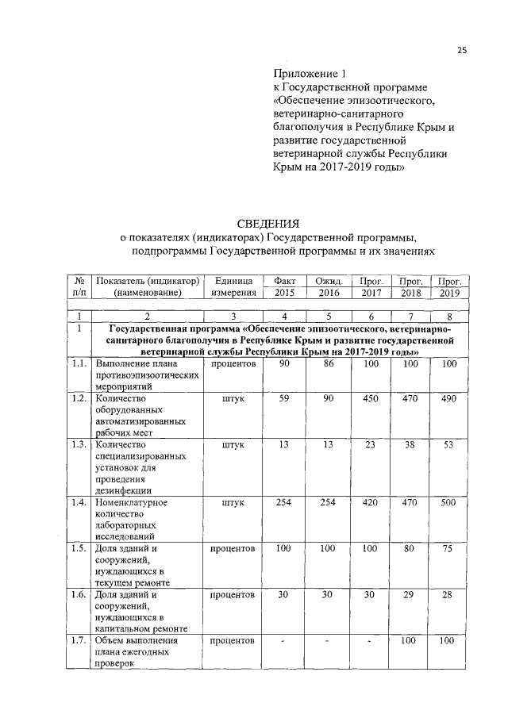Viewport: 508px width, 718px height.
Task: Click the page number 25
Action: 461,52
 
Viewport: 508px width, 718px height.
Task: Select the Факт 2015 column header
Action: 283,286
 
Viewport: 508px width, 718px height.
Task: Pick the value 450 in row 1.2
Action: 368,398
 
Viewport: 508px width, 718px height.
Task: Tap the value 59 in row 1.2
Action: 283,398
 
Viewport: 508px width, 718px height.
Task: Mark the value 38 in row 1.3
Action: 410,445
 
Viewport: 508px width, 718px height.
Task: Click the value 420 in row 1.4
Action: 368,502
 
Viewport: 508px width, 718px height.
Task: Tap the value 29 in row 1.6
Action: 410,594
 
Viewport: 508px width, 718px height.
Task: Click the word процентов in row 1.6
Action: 233,594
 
